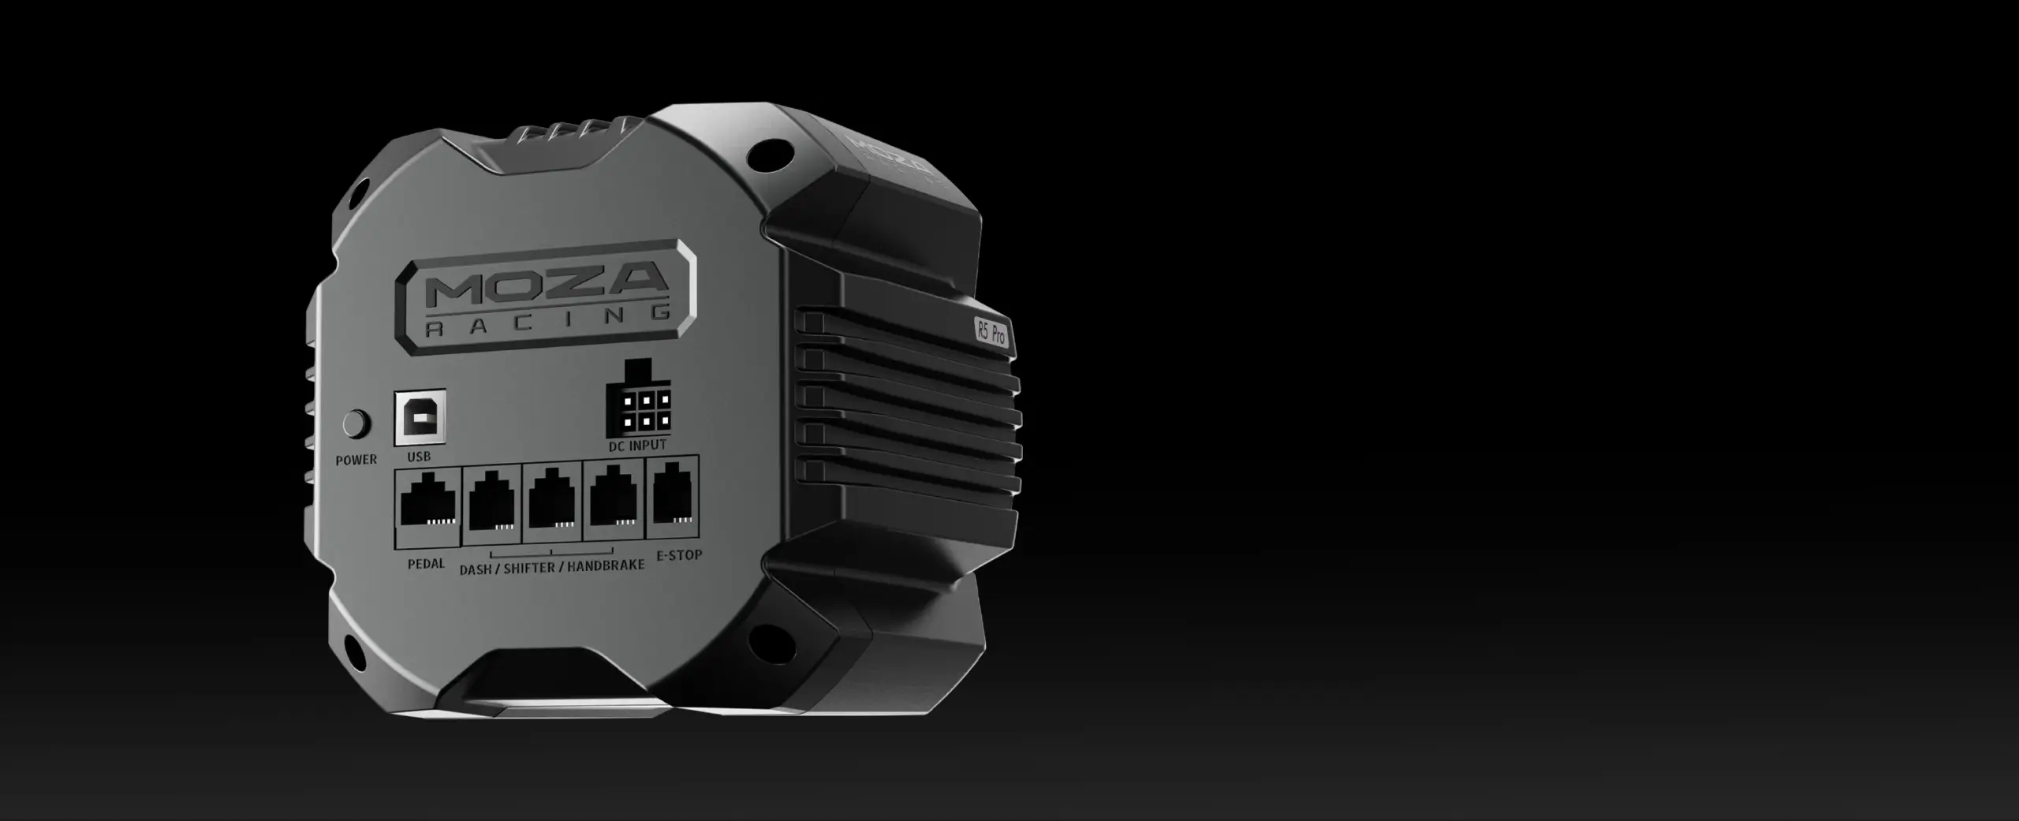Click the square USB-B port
[x=420, y=417]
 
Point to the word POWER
[x=356, y=460]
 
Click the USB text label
[x=419, y=457]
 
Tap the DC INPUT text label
[x=638, y=446]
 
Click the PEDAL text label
[x=426, y=564]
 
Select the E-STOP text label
[x=679, y=555]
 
